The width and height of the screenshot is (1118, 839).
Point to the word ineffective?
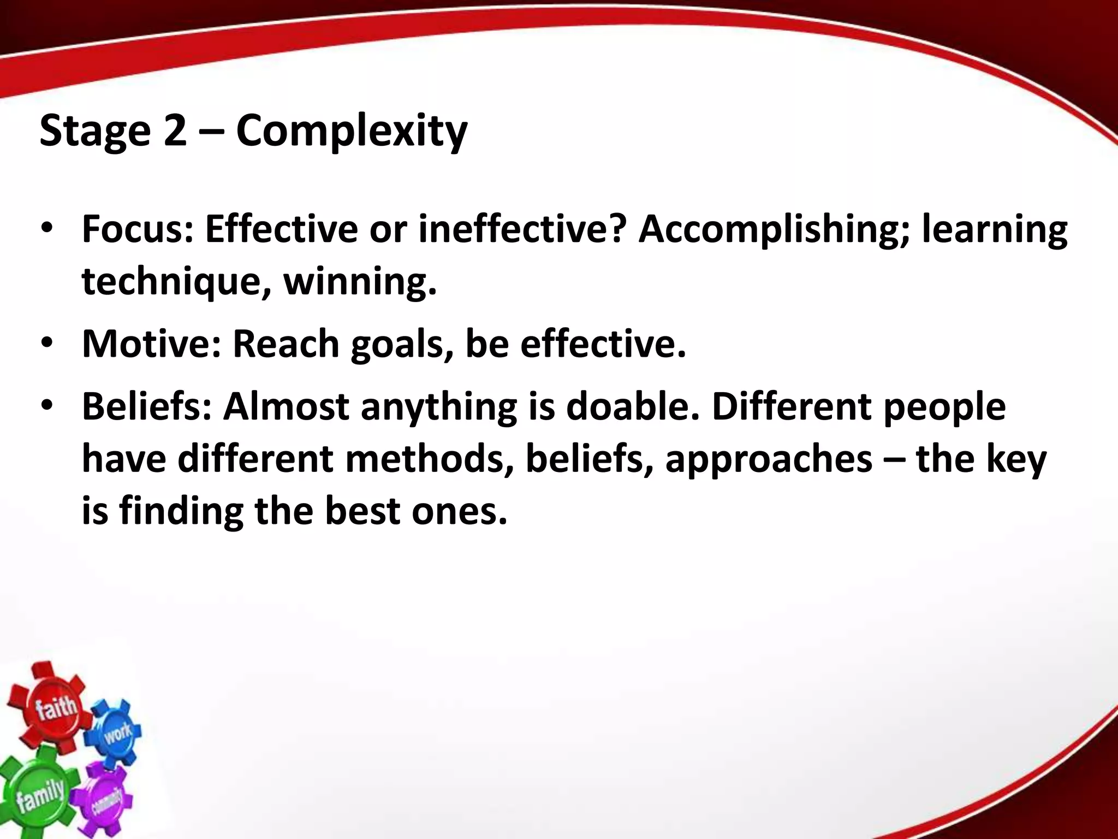coord(521,229)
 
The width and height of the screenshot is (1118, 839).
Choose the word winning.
coord(360,282)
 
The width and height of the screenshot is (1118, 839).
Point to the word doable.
coord(633,406)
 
